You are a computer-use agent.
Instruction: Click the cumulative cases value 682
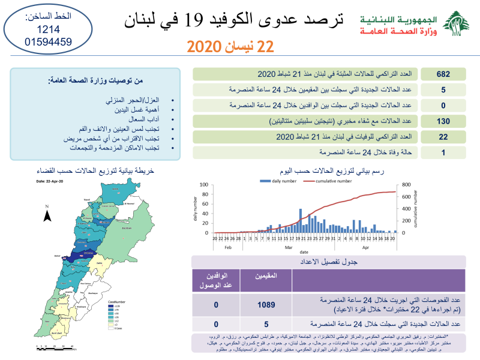click(x=443, y=74)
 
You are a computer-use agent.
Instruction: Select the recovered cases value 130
click(x=443, y=121)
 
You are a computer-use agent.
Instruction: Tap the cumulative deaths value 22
click(x=443, y=137)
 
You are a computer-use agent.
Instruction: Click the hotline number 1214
click(x=49, y=29)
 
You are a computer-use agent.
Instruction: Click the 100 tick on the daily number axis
click(x=203, y=185)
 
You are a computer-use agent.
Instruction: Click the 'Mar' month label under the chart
click(x=288, y=247)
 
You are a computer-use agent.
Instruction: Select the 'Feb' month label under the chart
click(x=227, y=247)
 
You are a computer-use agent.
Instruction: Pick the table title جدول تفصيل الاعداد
click(x=328, y=262)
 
